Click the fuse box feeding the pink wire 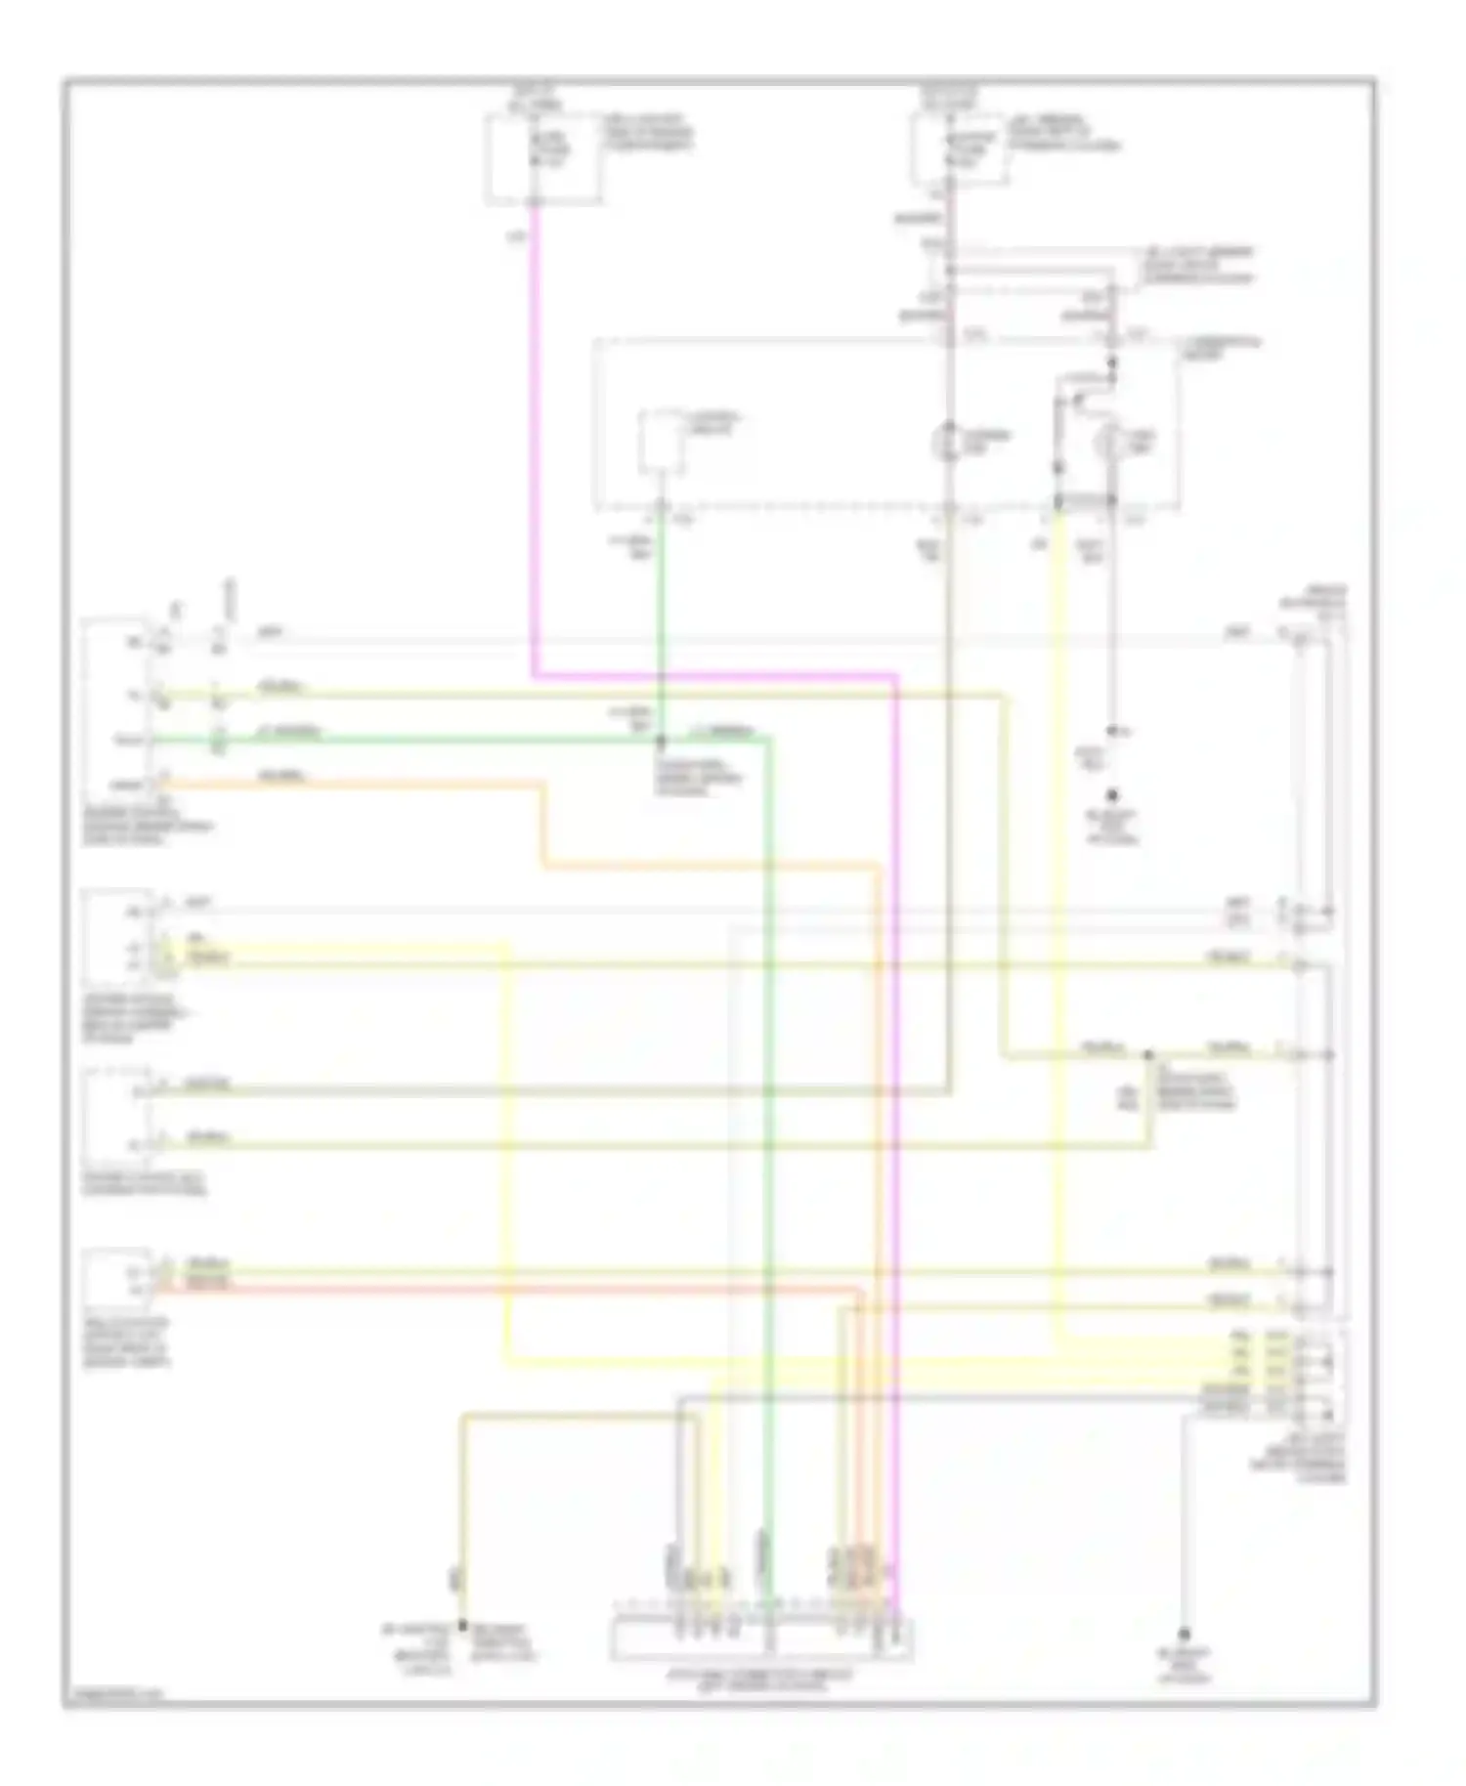coord(543,158)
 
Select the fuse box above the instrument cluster coord(959,149)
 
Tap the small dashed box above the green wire coord(663,442)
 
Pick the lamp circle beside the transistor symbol coord(1112,444)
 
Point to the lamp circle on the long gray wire coord(949,444)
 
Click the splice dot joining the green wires coord(661,740)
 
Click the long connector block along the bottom coord(761,1639)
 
